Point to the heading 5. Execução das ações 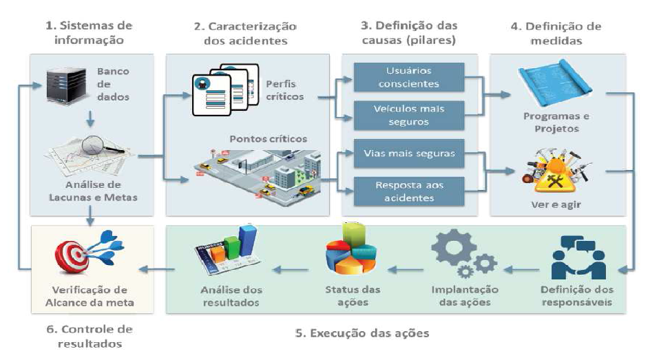[x=362, y=334]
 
